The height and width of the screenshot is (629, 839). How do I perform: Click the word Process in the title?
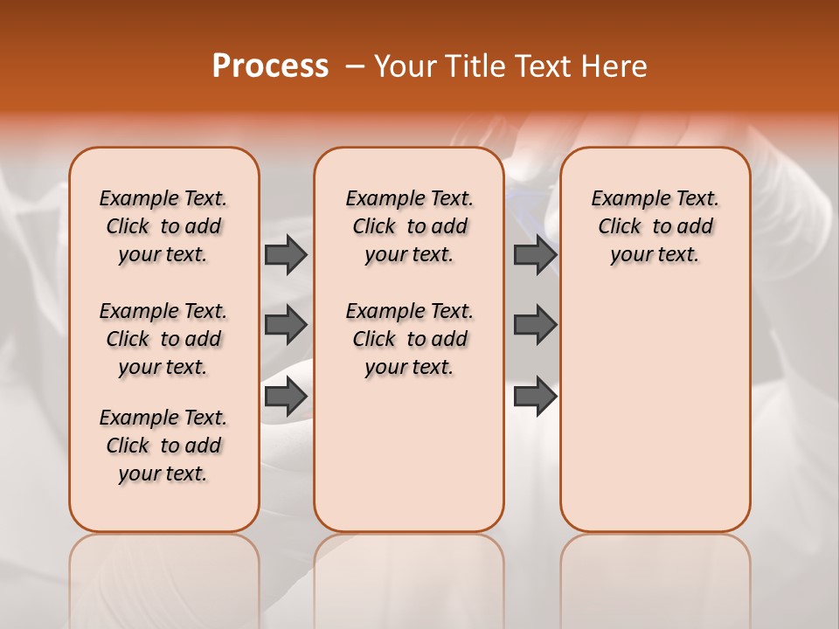(x=270, y=66)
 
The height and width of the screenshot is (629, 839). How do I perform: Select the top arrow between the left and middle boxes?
(x=286, y=255)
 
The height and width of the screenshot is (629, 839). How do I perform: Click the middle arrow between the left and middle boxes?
(x=286, y=326)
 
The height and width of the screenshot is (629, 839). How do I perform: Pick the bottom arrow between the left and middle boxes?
(x=286, y=397)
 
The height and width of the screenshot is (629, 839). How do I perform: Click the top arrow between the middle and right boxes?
(x=535, y=255)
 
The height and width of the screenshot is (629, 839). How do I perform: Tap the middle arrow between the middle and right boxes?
(x=535, y=326)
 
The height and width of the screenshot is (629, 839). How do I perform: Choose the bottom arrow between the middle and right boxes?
(x=535, y=397)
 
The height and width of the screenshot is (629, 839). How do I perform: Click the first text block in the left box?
(x=163, y=226)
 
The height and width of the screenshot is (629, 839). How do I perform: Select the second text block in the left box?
(x=163, y=339)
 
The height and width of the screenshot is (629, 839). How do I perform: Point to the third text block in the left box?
(x=163, y=446)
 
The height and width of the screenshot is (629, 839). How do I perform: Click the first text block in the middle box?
(x=409, y=226)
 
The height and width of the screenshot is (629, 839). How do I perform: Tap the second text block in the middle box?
(x=409, y=339)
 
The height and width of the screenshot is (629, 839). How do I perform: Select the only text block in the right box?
(x=655, y=226)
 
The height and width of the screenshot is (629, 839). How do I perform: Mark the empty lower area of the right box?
(x=655, y=411)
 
